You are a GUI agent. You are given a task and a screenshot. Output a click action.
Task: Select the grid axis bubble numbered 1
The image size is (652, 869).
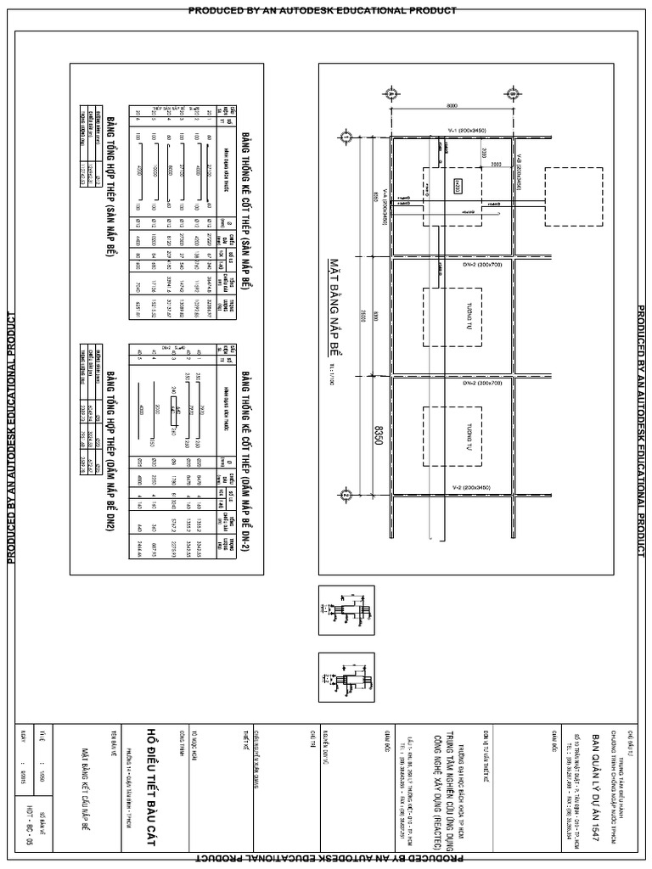click(x=346, y=137)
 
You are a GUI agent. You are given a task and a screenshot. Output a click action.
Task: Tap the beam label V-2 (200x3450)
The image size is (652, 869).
click(x=452, y=489)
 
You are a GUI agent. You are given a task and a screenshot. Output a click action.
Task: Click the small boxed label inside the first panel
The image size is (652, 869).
click(x=458, y=184)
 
